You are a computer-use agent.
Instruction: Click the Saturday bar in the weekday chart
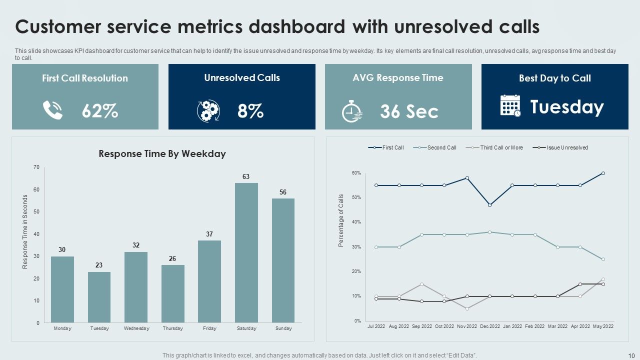(x=246, y=252)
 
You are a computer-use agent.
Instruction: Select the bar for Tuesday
(x=99, y=297)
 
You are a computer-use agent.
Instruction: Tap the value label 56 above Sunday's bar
(x=283, y=192)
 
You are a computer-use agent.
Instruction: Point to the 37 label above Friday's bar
(x=209, y=234)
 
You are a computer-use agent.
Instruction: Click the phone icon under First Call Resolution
(x=52, y=110)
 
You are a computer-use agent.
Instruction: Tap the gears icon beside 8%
(x=208, y=111)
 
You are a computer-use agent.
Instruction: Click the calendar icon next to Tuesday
(x=510, y=106)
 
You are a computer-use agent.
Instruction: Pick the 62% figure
(x=100, y=111)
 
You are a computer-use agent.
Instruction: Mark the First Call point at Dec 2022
(x=489, y=205)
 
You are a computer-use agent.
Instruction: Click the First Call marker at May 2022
(x=603, y=173)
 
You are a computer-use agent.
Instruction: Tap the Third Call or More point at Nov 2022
(x=467, y=308)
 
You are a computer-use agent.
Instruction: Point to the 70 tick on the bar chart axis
(x=36, y=167)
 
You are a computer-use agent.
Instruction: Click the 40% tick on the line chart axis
(x=356, y=222)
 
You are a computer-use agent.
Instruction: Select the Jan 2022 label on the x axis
(x=512, y=326)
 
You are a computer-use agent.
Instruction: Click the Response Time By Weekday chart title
(x=162, y=154)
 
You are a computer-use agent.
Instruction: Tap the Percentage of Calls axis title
(x=341, y=220)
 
